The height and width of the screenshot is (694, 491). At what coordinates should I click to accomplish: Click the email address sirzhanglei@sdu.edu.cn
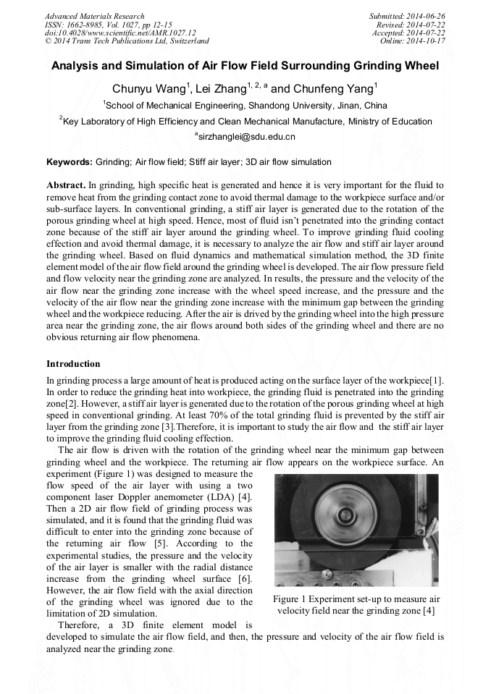coord(246,136)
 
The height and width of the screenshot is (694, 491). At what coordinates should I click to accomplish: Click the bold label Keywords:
coord(70,162)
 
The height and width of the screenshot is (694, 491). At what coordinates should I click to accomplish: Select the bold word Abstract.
coord(66,185)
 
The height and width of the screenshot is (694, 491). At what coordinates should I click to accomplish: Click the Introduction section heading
coord(73,363)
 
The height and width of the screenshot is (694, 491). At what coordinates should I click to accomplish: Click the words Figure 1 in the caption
coord(295,599)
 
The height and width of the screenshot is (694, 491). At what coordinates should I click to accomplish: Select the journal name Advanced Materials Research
coord(95,16)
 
